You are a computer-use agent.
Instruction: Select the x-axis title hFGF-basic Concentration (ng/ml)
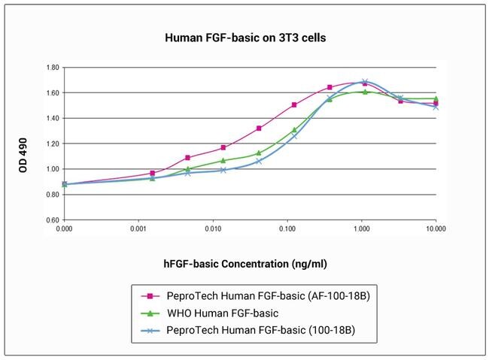click(245, 264)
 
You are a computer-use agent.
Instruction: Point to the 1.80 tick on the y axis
click(51, 68)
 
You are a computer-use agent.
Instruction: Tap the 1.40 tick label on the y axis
click(51, 118)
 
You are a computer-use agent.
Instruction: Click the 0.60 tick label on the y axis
click(51, 220)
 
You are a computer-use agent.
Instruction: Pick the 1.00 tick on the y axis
click(51, 169)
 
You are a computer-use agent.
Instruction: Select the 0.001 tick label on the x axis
click(138, 228)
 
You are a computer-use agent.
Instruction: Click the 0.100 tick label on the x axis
click(287, 228)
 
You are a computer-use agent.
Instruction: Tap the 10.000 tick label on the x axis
click(436, 228)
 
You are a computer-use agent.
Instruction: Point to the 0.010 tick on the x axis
click(213, 228)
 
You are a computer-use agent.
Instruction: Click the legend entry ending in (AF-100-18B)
click(268, 296)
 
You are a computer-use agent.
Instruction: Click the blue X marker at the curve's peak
click(365, 82)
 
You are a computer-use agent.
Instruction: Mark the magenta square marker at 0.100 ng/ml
click(294, 105)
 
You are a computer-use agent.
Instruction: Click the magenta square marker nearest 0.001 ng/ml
click(153, 173)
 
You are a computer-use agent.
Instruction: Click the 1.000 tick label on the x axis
click(362, 228)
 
